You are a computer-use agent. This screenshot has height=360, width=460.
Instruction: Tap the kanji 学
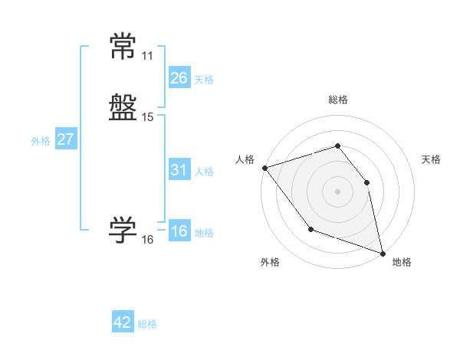pos(123,231)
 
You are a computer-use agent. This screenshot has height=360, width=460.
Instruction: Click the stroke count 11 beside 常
pos(147,56)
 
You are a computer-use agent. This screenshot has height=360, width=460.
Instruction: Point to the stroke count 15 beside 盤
pos(147,117)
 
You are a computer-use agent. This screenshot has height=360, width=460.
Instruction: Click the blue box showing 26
pos(179,78)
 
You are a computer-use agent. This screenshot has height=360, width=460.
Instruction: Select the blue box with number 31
pos(179,170)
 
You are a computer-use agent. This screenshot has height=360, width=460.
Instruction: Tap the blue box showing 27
pos(65,139)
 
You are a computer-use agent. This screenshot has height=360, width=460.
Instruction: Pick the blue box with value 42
pos(123,322)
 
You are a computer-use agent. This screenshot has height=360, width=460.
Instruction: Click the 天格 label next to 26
pos(204,80)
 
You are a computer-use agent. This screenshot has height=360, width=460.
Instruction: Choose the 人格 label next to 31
pos(204,172)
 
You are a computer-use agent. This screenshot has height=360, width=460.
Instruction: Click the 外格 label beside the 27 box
pos(41,141)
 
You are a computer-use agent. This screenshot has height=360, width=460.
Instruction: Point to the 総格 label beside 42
pos(147,324)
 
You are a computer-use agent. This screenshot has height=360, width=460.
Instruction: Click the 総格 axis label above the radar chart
pos(337,100)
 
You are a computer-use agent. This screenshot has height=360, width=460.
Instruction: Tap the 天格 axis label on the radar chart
pos(432,159)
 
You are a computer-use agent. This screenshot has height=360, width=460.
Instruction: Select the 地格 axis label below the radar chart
pos(402,262)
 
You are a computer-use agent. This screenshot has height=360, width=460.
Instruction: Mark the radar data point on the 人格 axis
pos(264,168)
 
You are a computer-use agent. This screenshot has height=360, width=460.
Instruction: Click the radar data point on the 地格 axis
pos(382,253)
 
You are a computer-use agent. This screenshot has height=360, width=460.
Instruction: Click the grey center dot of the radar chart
pos(337,191)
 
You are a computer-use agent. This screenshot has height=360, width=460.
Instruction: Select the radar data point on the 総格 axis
pos(337,146)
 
